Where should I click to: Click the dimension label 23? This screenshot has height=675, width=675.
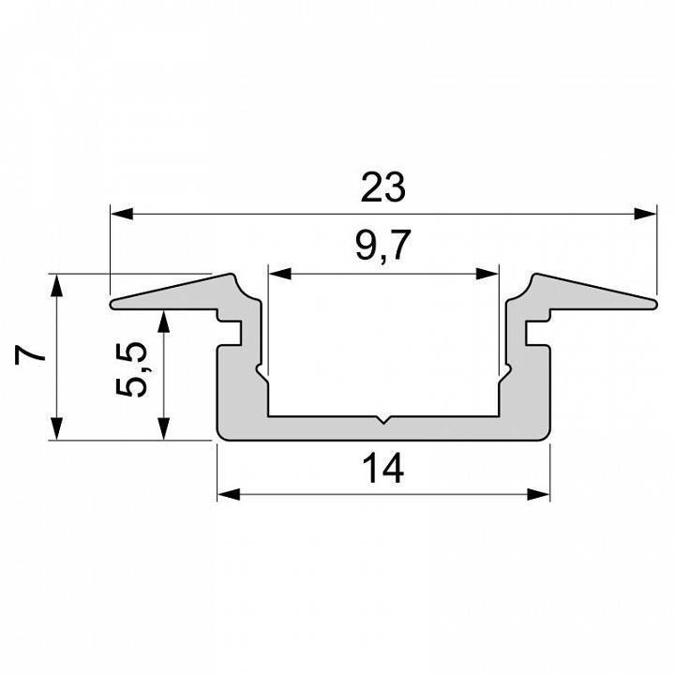(382, 187)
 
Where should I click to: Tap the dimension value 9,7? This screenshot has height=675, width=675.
(382, 246)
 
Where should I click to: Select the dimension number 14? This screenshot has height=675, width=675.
(383, 469)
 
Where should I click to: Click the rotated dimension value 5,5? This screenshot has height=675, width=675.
(131, 369)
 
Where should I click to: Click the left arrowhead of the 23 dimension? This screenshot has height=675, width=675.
(122, 214)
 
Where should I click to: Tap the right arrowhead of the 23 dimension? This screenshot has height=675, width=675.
(645, 214)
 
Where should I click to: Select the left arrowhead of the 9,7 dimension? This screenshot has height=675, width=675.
(279, 274)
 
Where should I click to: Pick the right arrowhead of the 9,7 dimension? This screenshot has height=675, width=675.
(487, 274)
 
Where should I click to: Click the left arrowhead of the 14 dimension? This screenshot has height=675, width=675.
(229, 494)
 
